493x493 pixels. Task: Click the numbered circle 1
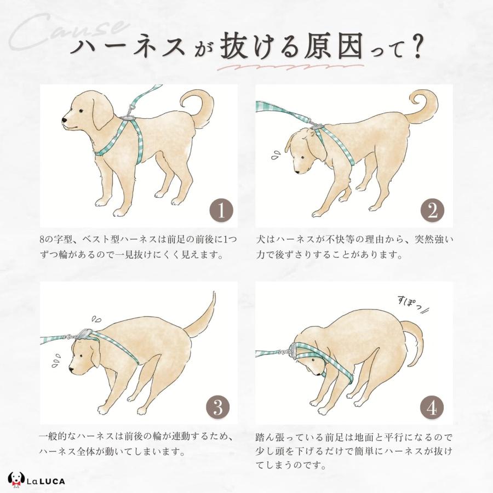[221, 210]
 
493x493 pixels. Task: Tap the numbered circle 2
[432, 210]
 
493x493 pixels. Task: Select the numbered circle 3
[218, 407]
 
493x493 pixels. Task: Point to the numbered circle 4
[432, 408]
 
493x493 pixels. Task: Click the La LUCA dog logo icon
[16, 480]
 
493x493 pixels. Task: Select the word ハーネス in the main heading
[127, 48]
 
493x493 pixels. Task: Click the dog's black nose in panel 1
[65, 120]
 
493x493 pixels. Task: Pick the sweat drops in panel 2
[277, 154]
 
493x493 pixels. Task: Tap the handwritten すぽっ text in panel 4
[412, 303]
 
